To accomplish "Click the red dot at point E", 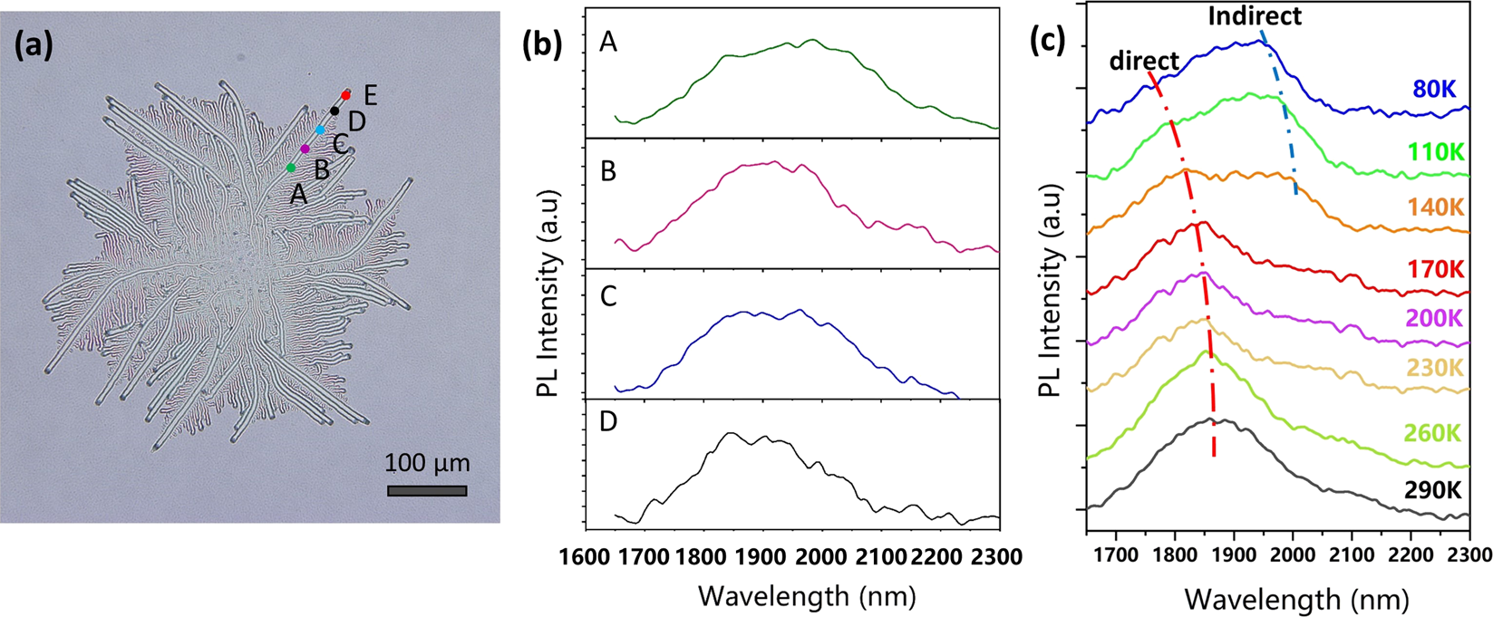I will click(345, 95).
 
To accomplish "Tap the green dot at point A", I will click(290, 168).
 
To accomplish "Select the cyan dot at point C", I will click(320, 130).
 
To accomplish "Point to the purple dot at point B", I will click(305, 149).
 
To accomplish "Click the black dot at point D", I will click(334, 111).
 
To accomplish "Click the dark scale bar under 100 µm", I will click(427, 491).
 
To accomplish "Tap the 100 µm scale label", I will click(427, 464).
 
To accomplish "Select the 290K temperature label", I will click(1432, 490).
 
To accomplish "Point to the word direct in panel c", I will click(1145, 61).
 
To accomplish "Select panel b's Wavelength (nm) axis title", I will click(807, 596).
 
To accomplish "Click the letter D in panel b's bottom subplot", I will click(609, 423).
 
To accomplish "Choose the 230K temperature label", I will click(1435, 368).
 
